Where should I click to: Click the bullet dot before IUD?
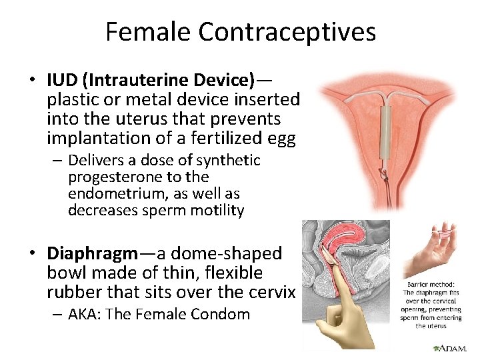(x=31, y=81)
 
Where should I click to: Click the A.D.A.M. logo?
(x=451, y=348)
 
